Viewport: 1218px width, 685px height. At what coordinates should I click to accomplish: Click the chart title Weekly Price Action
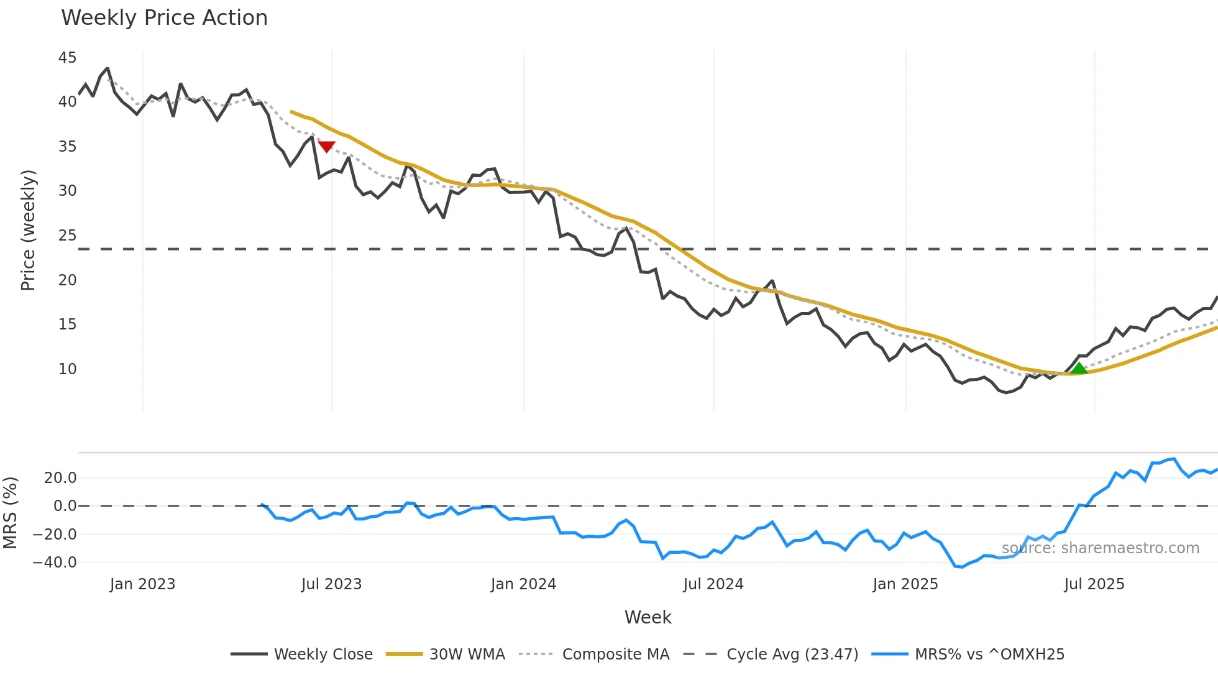[x=164, y=18]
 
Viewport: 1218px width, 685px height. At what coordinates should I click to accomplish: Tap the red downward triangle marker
[x=327, y=147]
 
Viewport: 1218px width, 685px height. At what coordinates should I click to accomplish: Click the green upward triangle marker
[x=1079, y=369]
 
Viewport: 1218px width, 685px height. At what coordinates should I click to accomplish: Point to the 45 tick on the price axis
[x=67, y=58]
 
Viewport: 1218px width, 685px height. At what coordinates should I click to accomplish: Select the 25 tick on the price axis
[x=67, y=236]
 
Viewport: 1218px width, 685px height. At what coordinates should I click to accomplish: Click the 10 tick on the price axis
[x=67, y=369]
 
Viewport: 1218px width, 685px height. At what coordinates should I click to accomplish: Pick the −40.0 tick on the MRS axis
[x=55, y=563]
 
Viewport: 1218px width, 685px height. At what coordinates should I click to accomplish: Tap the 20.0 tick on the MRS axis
[x=60, y=478]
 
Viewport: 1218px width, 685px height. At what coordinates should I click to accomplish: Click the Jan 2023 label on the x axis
[x=142, y=584]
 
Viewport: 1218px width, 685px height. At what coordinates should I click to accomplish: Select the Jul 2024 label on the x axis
[x=713, y=584]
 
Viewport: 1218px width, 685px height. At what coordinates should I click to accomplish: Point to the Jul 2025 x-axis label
[x=1094, y=584]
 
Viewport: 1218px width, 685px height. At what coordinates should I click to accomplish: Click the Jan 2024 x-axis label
[x=523, y=584]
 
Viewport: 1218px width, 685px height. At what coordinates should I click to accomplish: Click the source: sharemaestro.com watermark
[x=1100, y=548]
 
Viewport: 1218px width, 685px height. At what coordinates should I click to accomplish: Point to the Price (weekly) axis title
[x=29, y=230]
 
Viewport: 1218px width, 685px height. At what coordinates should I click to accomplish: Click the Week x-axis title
[x=648, y=617]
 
